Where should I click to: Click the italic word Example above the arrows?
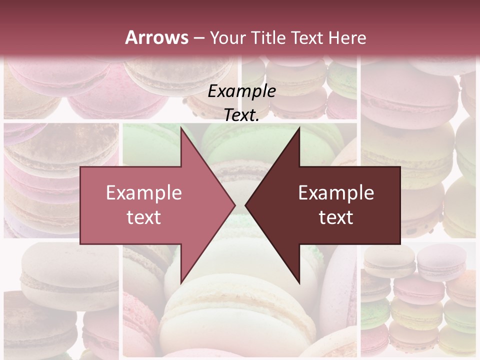point(241,91)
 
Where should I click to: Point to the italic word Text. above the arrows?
point(241,115)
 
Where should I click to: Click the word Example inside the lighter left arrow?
point(144,193)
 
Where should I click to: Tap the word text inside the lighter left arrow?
point(144,217)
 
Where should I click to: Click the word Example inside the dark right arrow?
point(336,193)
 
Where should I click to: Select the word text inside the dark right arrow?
point(336,217)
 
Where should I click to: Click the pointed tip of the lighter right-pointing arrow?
point(235,205)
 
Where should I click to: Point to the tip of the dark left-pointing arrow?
point(245,205)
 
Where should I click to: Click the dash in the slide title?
point(199,38)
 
